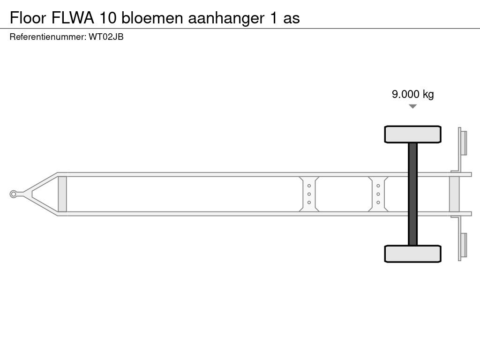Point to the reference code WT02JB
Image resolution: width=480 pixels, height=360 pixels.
click(106, 37)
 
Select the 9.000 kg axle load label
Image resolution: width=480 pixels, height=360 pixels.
click(412, 94)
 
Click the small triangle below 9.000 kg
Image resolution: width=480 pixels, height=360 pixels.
click(412, 106)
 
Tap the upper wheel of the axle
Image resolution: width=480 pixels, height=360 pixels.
click(412, 134)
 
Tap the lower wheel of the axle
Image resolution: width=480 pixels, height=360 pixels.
click(412, 254)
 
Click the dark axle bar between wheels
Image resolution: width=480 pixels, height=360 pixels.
click(412, 194)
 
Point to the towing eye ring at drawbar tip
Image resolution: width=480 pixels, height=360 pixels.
click(14, 194)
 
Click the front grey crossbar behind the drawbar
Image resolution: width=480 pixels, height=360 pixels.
click(62, 194)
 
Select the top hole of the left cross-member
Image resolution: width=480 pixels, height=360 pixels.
click(309, 186)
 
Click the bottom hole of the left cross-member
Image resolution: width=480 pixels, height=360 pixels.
click(309, 202)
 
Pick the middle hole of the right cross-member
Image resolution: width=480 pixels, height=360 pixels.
click(378, 194)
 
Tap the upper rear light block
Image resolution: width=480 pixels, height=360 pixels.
click(463, 142)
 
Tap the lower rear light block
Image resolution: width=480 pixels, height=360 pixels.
click(463, 245)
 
